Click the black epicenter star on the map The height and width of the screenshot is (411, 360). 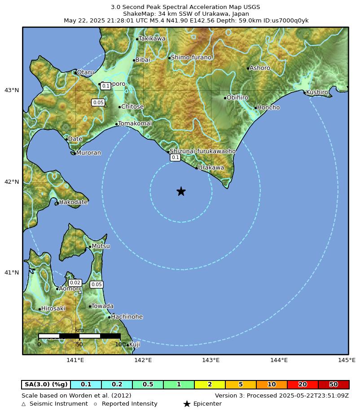[x=181, y=191]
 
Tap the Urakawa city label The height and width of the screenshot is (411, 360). [x=211, y=168]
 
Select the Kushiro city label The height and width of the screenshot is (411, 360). [x=317, y=92]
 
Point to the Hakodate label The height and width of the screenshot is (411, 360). [x=73, y=202]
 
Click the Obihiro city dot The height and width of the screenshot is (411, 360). [x=225, y=98]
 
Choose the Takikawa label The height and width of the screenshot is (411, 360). [x=152, y=39]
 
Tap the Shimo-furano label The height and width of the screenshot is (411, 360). [x=191, y=57]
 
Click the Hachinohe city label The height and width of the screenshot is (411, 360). [x=127, y=317]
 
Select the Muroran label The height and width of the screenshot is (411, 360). [x=88, y=153]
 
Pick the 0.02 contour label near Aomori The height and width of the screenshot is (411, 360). [x=75, y=283]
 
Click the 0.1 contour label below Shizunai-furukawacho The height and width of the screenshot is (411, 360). [x=175, y=157]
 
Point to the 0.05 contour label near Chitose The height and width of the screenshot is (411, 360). [x=98, y=102]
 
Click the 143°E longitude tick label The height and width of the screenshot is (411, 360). [x=211, y=360]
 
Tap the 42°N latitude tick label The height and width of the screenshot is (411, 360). [x=12, y=182]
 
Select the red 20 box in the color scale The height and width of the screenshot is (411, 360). [x=303, y=384]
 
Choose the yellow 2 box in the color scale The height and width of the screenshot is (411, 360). [x=210, y=384]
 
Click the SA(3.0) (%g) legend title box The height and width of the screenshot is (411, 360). [x=46, y=384]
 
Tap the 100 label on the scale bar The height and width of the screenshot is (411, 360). [x=120, y=345]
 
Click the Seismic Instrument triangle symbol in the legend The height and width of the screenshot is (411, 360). [x=24, y=404]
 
